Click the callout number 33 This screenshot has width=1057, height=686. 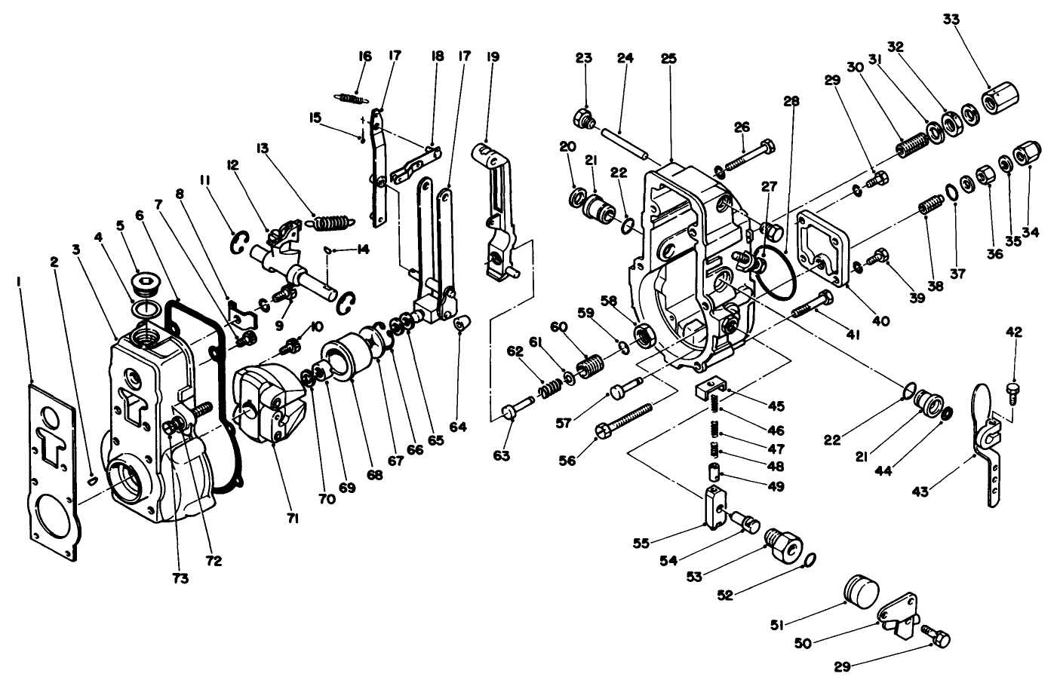(951, 20)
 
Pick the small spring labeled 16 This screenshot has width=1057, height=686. (349, 96)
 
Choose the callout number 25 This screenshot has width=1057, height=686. (668, 58)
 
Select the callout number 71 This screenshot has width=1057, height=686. (293, 518)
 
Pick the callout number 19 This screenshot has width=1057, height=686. (493, 57)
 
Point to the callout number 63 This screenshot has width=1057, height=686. (502, 455)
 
